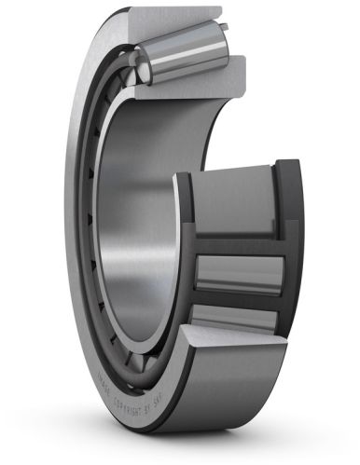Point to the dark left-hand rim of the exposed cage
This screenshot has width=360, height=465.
pos(183,252)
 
